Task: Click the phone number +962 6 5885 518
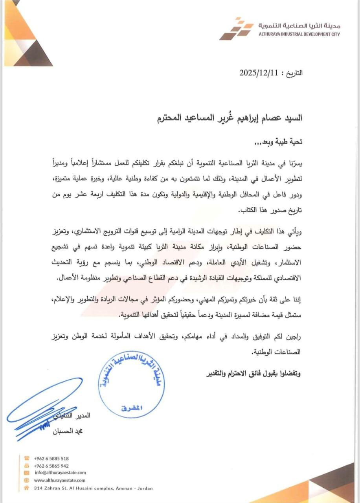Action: pos(51,458)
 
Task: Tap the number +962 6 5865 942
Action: pos(51,466)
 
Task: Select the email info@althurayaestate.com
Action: pos(60,473)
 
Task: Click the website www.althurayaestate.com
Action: pos(60,480)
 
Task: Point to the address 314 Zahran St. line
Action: pos(93,488)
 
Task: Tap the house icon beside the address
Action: pos(27,488)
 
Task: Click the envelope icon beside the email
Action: pos(27,473)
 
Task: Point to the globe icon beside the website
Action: pos(27,480)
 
